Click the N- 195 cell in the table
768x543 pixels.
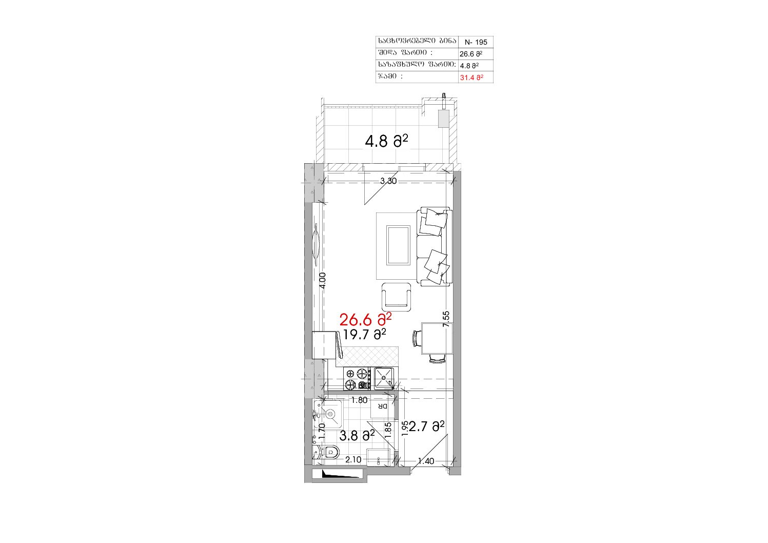(x=476, y=42)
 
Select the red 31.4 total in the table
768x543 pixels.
(x=471, y=77)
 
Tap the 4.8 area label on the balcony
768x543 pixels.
(x=386, y=141)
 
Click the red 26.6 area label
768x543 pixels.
(x=365, y=319)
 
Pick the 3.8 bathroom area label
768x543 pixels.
(x=357, y=436)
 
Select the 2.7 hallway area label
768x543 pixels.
(x=426, y=426)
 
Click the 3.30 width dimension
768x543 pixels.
(x=388, y=181)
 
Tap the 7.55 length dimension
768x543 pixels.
(x=446, y=319)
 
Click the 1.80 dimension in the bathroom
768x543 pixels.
(x=359, y=400)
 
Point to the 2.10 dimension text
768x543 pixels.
(x=353, y=459)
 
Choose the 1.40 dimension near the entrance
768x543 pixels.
(x=426, y=461)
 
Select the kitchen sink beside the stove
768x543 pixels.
(x=384, y=378)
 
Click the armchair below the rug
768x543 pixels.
(x=397, y=297)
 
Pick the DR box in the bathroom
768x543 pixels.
(x=382, y=407)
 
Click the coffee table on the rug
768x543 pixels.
(x=398, y=245)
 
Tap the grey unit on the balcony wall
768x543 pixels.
(x=444, y=119)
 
